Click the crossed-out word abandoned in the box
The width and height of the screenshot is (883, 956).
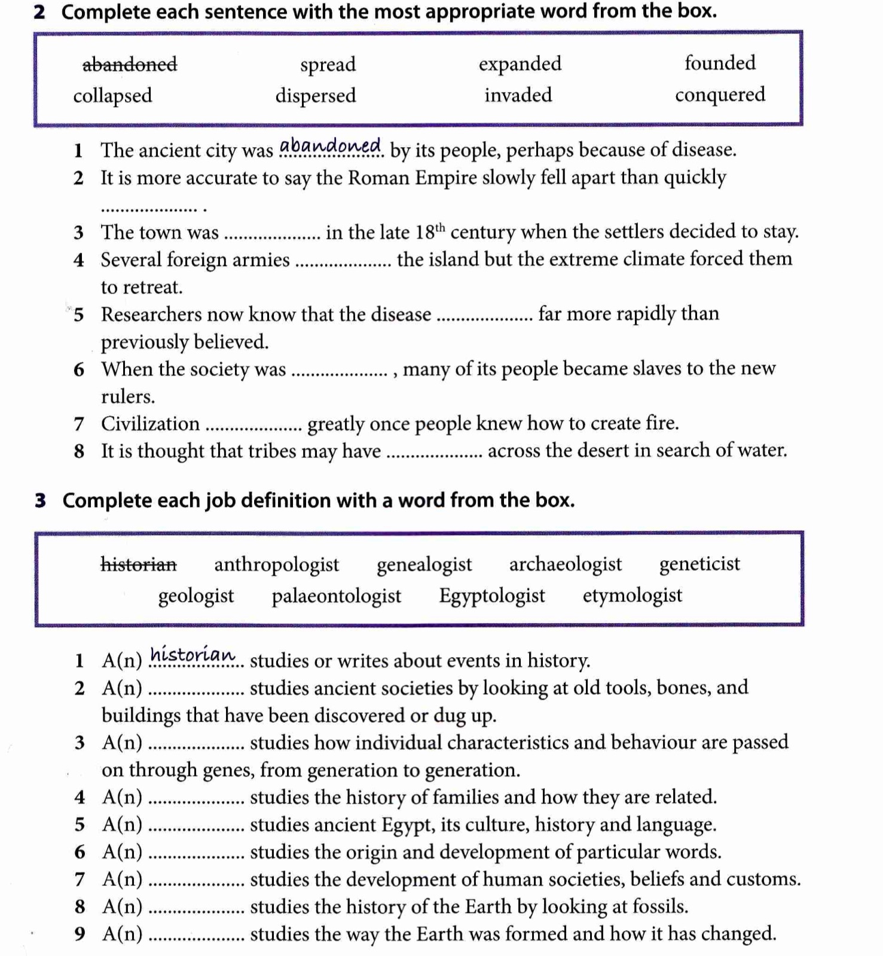click(130, 64)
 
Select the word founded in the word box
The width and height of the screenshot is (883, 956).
click(720, 63)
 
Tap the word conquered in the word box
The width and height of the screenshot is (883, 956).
click(720, 94)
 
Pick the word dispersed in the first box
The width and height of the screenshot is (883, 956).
click(316, 96)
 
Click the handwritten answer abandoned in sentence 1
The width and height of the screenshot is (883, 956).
click(331, 146)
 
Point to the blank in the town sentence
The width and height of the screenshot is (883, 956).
click(273, 237)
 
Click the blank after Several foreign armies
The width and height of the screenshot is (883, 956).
click(344, 264)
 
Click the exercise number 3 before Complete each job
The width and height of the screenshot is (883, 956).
click(40, 500)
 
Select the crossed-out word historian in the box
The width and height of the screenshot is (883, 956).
click(139, 564)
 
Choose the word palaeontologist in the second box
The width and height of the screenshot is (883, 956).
click(337, 596)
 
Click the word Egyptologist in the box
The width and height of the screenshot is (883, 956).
click(492, 595)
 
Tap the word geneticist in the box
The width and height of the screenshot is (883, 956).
click(699, 564)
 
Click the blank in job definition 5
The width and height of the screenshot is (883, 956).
click(196, 829)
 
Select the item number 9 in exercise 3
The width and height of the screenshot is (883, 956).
click(80, 934)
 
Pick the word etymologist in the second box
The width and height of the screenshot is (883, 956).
click(633, 595)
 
